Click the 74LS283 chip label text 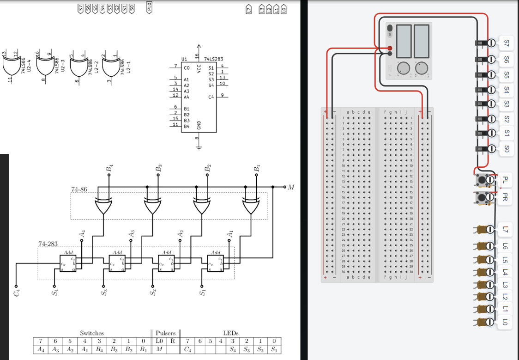coord(213,59)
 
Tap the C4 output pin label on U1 coord(211,97)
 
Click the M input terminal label coord(290,187)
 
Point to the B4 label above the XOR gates coord(109,168)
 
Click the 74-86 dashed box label coord(79,189)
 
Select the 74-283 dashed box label coord(47,244)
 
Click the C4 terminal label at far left coord(17,293)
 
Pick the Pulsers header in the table coord(165,333)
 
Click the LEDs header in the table coord(230,333)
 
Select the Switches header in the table coord(92,333)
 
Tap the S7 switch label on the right coord(506,43)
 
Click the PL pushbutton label coord(505,179)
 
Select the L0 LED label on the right coord(505,322)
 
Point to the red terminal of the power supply coord(390,49)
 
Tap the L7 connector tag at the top coord(248,8)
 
